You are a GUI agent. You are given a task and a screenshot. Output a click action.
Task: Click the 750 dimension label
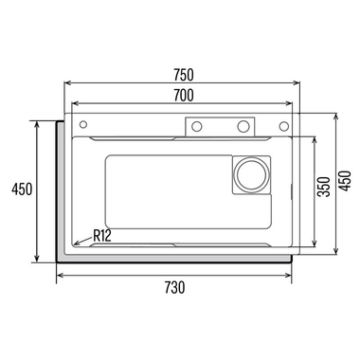click(184, 75)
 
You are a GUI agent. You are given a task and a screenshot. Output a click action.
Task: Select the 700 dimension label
click(184, 96)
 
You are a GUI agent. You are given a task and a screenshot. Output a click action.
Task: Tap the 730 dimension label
click(174, 287)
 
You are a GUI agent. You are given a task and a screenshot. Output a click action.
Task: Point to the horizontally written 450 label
click(22, 189)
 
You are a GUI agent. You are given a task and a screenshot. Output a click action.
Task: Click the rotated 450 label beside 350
click(345, 181)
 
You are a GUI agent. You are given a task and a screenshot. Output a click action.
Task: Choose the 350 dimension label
click(324, 187)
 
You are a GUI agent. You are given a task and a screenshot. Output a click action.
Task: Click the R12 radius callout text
click(102, 235)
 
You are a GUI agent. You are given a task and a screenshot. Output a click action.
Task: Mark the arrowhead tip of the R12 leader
click(74, 244)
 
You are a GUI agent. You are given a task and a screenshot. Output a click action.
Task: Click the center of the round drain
click(251, 174)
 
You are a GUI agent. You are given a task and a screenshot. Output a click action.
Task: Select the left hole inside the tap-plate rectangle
click(197, 127)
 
